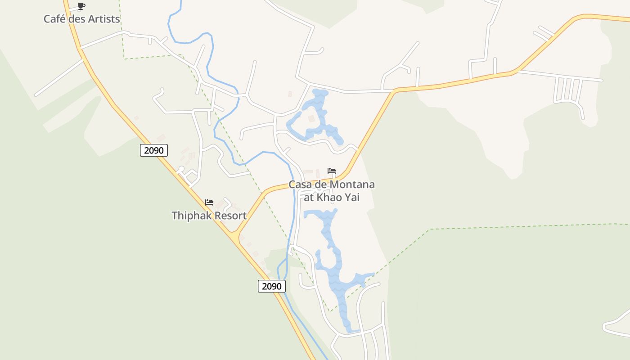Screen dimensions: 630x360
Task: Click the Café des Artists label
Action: [81, 19]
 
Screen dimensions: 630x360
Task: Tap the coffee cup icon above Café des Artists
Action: [81, 6]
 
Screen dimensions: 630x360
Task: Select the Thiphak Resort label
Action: [209, 216]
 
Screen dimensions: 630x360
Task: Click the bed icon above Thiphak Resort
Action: [209, 202]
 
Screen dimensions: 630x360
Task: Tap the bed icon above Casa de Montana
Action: [332, 171]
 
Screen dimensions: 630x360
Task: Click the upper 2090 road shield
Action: [154, 150]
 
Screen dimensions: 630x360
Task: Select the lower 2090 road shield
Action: [272, 286]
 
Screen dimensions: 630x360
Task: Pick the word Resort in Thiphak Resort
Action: [230, 216]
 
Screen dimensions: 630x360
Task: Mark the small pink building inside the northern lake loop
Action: [311, 119]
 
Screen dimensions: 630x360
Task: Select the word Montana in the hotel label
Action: [352, 184]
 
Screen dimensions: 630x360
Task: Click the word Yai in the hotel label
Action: [353, 198]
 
